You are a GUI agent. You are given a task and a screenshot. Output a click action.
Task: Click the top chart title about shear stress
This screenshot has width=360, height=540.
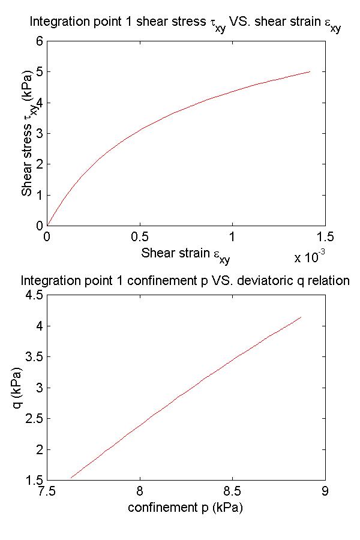[x=185, y=25]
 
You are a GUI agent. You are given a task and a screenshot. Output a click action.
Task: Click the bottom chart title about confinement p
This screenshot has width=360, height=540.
[x=185, y=281]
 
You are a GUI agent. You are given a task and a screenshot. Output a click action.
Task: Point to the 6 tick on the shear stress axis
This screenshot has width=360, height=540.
[x=40, y=41]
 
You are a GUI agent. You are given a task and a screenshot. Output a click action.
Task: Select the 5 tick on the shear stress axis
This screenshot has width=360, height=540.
[x=40, y=71]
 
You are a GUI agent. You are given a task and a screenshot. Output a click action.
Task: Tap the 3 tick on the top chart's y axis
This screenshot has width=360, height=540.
[x=40, y=133]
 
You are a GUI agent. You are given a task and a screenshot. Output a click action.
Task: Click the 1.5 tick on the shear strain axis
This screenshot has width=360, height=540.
[x=325, y=236]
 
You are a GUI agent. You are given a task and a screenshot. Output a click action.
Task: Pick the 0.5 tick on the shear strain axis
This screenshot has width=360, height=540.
[x=139, y=236]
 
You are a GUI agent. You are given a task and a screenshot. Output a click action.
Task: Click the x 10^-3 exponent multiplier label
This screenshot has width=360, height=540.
[x=310, y=257]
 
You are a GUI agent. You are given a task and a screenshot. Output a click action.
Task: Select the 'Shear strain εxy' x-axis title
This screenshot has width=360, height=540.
[x=185, y=254]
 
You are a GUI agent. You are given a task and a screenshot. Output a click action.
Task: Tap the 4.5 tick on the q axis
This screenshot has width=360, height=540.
[x=34, y=295]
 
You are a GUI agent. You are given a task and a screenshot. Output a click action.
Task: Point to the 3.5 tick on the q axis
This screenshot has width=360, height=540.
[x=34, y=357]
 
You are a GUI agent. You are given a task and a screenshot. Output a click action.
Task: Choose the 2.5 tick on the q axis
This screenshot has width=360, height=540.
[x=34, y=419]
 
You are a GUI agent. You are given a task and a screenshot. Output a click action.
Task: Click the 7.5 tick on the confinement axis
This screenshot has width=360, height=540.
[x=47, y=491]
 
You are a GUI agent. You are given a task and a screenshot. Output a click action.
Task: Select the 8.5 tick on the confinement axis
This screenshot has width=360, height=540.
[x=232, y=491]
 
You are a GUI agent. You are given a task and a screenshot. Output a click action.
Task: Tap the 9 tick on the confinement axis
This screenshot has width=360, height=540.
[x=325, y=491]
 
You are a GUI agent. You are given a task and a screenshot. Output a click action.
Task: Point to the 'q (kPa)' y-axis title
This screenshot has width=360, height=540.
[x=18, y=388]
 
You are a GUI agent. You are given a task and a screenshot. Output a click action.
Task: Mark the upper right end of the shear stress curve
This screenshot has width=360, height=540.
[x=310, y=71]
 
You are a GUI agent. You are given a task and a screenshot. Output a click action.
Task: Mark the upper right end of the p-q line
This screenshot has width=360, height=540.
[x=301, y=317]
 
